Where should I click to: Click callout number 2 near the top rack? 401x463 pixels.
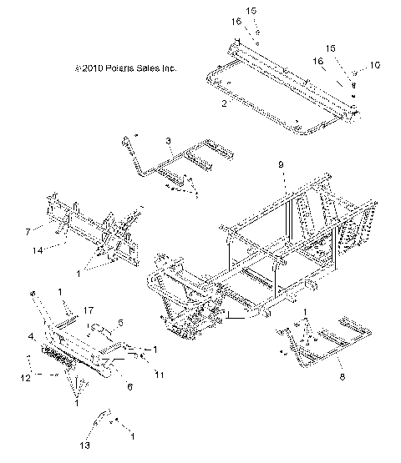pyautogui.click(x=223, y=105)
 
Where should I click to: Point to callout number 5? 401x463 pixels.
pyautogui.click(x=120, y=322)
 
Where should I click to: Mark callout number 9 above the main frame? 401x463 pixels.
pyautogui.click(x=282, y=165)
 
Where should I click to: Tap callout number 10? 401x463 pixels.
pyautogui.click(x=373, y=64)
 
